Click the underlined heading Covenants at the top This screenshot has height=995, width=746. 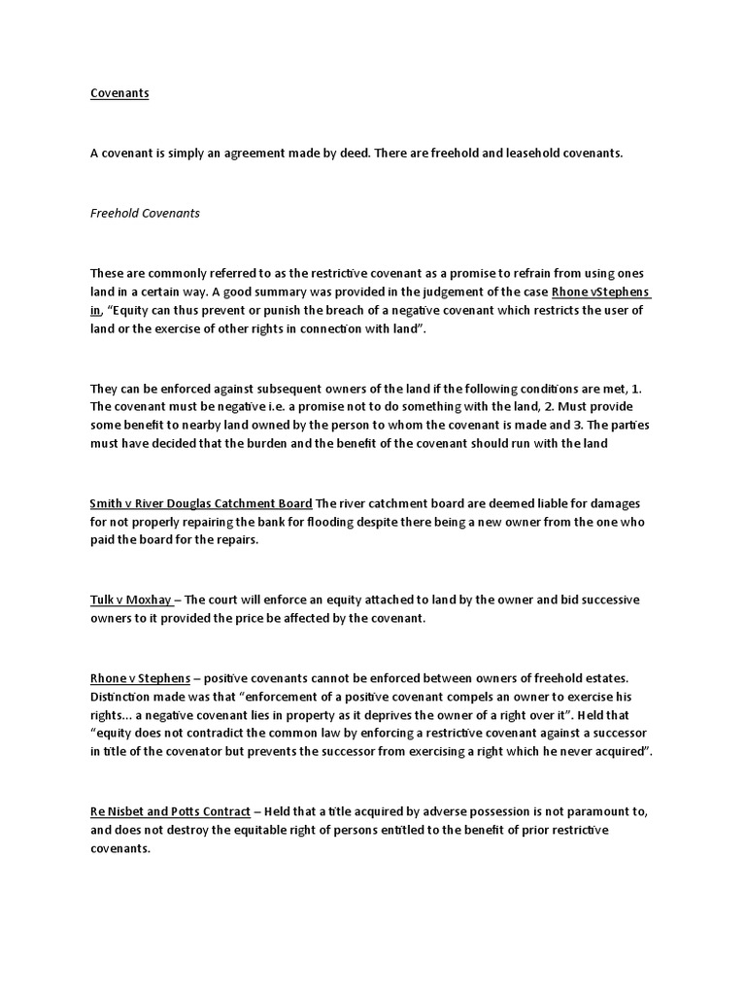(x=119, y=93)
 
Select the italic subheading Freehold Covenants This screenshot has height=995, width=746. (x=145, y=213)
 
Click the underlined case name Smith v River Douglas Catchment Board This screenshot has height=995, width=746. (x=201, y=503)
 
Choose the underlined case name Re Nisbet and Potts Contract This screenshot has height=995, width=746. (x=170, y=810)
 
